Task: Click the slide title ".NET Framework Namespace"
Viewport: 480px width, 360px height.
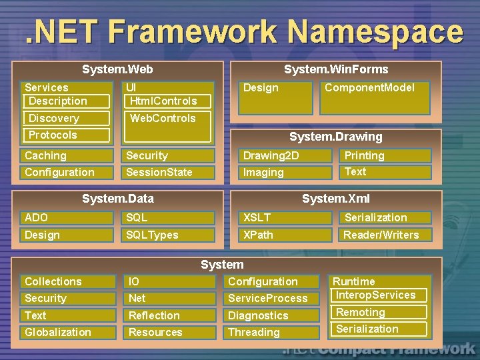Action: (244, 31)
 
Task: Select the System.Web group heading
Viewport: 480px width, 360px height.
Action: (117, 69)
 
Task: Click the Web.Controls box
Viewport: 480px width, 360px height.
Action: (168, 127)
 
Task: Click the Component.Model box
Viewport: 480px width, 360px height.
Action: (377, 97)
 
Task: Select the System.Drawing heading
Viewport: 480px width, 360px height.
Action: (335, 137)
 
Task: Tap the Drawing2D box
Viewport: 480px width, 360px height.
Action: (285, 156)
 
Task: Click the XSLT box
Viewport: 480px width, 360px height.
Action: (285, 218)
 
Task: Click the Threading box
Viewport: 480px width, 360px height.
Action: (272, 332)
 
